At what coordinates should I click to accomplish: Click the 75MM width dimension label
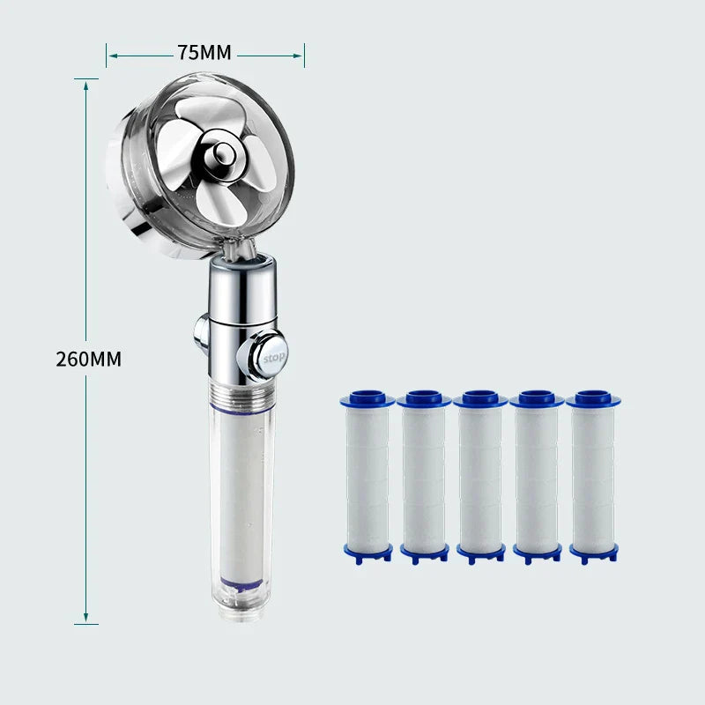click(204, 53)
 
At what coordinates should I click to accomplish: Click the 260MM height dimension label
click(88, 360)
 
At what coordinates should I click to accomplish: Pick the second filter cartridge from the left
click(424, 476)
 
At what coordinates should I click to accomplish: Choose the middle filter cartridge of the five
click(480, 476)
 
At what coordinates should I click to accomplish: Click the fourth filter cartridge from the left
click(537, 476)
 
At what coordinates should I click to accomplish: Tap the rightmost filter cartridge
click(593, 476)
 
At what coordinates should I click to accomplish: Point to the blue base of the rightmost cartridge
click(593, 553)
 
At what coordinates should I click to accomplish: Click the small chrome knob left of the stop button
click(201, 335)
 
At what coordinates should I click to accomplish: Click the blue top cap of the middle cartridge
click(480, 398)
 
